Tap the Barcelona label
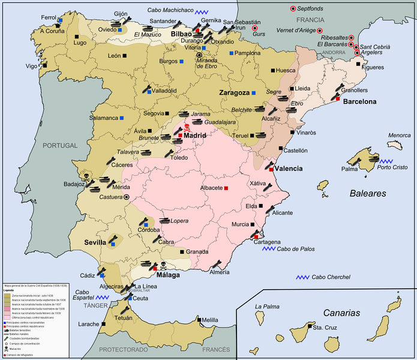pos(360,101)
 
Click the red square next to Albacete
pos(226,188)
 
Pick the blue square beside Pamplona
pos(231,53)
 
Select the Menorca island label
pos(399,136)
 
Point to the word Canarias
pos(342,313)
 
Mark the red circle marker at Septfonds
pos(293,8)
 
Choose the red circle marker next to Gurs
pos(254,28)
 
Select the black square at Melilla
pos(200,320)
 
